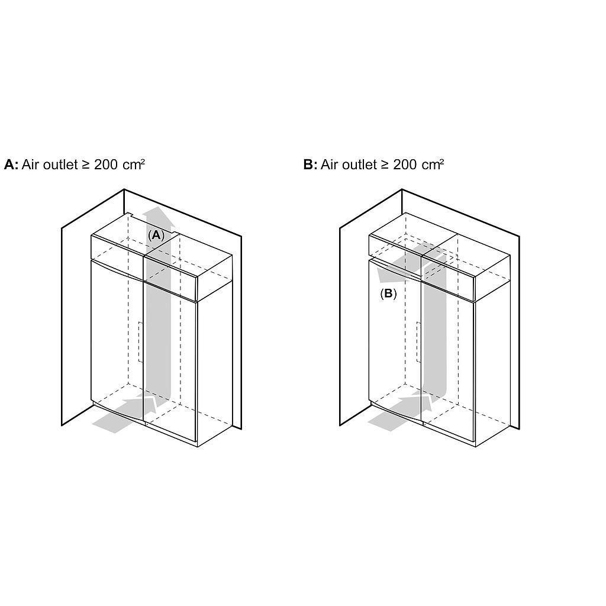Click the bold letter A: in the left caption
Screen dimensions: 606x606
click(11, 165)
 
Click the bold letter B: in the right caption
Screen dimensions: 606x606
click(310, 165)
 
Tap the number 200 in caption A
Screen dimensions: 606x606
click(106, 165)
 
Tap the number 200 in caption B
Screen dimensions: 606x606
click(405, 165)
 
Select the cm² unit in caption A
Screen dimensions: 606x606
click(134, 165)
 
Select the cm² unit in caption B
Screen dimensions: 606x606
click(433, 165)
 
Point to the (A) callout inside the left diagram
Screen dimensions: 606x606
click(156, 235)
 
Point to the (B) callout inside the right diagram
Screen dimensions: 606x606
click(388, 294)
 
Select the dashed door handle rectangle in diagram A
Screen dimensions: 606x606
click(141, 342)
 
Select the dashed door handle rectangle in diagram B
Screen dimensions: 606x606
click(418, 342)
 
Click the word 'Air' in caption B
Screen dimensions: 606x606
click(329, 165)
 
